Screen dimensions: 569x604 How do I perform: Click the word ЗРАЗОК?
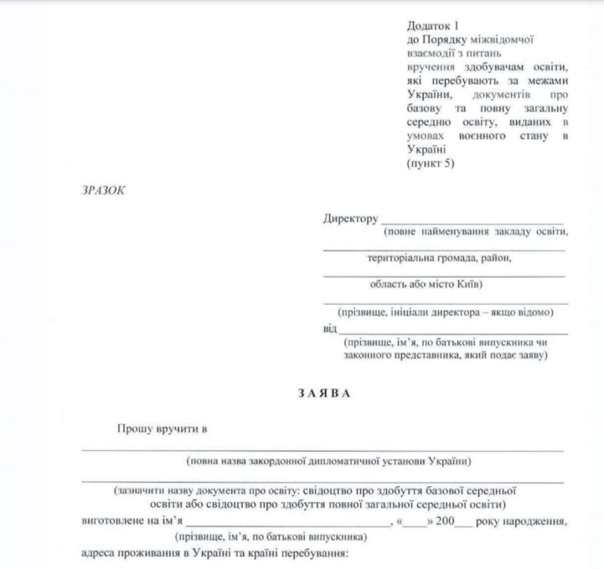[x=101, y=190]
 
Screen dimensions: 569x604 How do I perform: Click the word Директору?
[x=350, y=218]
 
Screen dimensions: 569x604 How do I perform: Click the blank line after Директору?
[x=472, y=222]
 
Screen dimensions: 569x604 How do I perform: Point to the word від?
[x=330, y=328]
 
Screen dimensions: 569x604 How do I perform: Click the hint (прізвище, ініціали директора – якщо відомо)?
[x=445, y=312]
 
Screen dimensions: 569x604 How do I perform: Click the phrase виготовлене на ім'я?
[x=131, y=522]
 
